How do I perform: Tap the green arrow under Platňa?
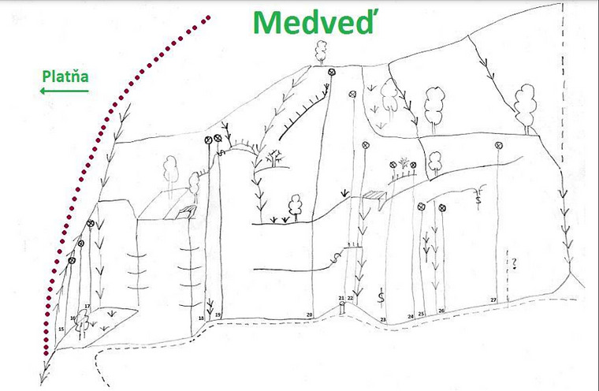pyautogui.click(x=63, y=91)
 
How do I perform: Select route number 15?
pyautogui.click(x=61, y=328)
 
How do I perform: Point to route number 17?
pyautogui.click(x=87, y=307)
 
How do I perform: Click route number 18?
pyautogui.click(x=202, y=318)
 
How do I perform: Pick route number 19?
pyautogui.click(x=218, y=315)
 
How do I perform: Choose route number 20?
pyautogui.click(x=310, y=315)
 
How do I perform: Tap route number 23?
pyautogui.click(x=383, y=318)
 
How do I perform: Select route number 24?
pyautogui.click(x=411, y=315)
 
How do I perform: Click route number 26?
pyautogui.click(x=441, y=311)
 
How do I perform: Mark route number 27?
pyautogui.click(x=493, y=300)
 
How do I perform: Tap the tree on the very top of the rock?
pyautogui.click(x=321, y=51)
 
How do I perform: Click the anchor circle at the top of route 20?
pyautogui.click(x=331, y=73)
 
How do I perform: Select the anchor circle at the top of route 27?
pyautogui.click(x=499, y=145)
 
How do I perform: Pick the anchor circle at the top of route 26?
pyautogui.click(x=441, y=208)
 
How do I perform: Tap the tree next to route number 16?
pyautogui.click(x=80, y=318)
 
